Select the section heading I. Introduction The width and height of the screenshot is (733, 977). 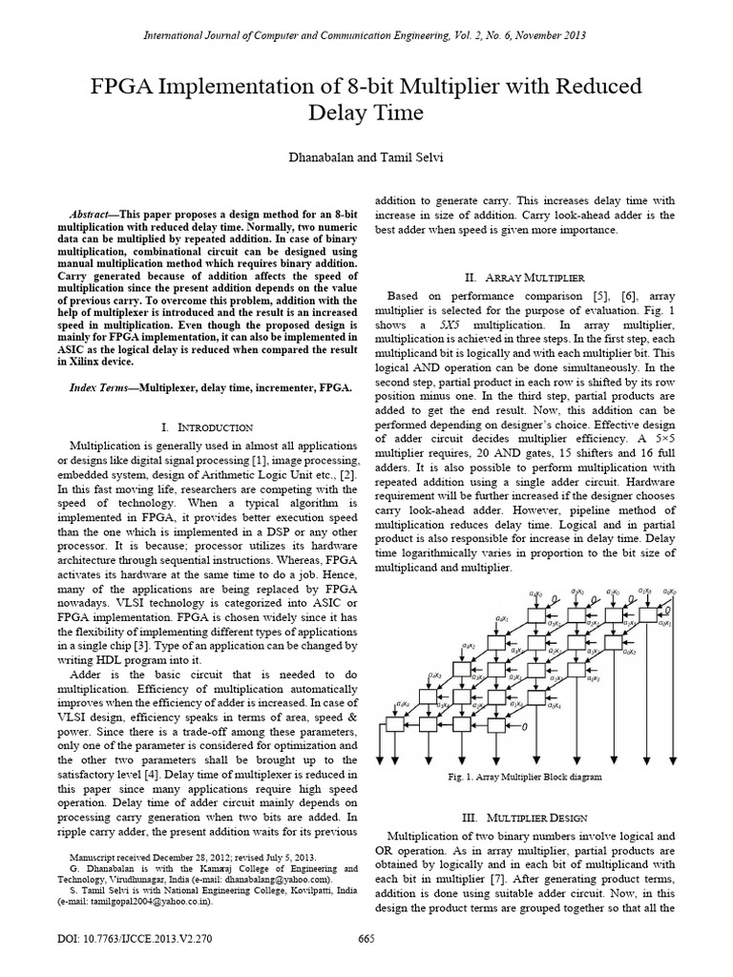tap(207, 426)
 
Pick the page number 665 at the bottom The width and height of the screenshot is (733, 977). tap(366, 938)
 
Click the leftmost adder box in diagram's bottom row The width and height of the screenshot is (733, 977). tap(393, 726)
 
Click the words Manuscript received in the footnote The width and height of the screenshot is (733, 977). tap(110, 857)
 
